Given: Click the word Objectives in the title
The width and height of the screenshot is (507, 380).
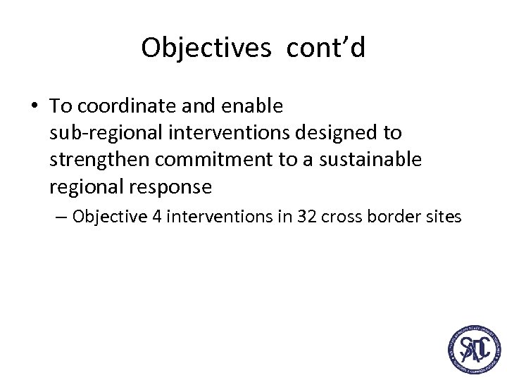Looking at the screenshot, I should click(206, 48).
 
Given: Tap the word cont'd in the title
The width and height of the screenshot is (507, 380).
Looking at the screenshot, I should click(326, 48).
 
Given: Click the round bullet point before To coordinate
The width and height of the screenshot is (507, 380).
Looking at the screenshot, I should click(35, 106).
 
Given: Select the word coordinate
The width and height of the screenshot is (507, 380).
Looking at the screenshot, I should click(127, 106).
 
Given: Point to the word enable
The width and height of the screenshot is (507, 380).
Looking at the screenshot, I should click(252, 106).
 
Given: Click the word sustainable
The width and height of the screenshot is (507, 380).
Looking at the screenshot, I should click(370, 160).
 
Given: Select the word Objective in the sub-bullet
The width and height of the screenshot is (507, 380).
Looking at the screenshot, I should click(109, 217).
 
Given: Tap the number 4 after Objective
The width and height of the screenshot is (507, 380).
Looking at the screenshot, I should click(156, 217).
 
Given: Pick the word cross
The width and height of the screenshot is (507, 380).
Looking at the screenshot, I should click(340, 217).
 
